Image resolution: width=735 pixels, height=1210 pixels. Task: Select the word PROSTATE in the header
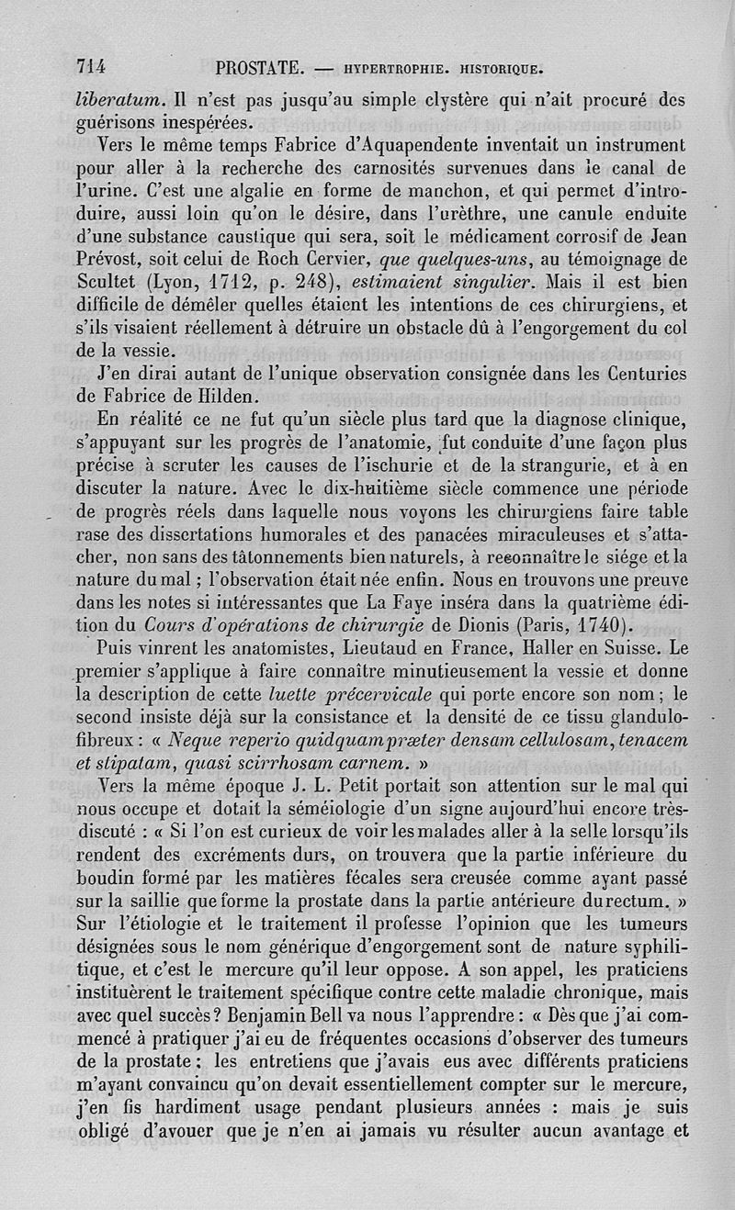[x=259, y=67]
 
